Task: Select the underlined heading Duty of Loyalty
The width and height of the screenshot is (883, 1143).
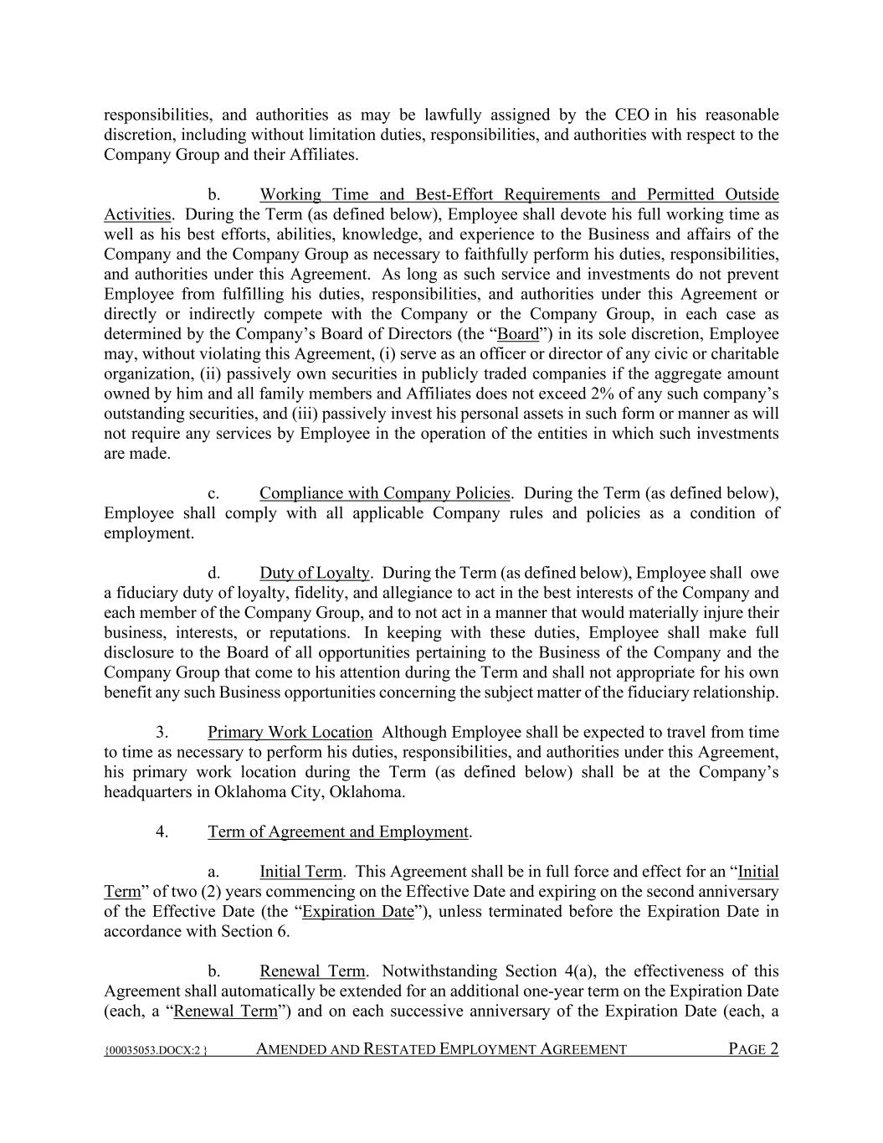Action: point(315,573)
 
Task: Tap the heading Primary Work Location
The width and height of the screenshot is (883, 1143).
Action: point(290,733)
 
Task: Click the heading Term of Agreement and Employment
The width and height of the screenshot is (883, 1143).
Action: point(338,832)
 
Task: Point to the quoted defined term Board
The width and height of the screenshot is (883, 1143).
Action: point(519,334)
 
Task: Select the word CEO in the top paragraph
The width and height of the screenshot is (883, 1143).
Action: point(632,115)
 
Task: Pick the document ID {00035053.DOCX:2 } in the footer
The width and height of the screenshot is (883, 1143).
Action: point(156,1050)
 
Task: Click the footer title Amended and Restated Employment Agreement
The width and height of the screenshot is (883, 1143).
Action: point(441,1049)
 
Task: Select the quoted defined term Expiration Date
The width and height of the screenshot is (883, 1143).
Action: point(358,911)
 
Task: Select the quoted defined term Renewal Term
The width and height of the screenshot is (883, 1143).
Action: point(225,1011)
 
